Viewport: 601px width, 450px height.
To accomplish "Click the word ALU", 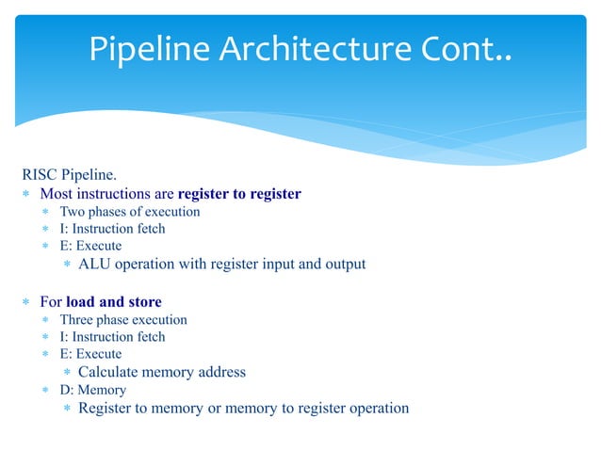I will [94, 264].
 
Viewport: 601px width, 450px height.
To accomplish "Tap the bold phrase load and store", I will [114, 302].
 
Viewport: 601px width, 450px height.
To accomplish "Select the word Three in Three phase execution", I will [78, 319].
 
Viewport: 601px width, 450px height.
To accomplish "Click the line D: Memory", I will [93, 390].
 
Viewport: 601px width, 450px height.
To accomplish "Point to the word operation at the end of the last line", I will [378, 408].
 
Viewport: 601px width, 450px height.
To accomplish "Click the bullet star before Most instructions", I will [27, 195].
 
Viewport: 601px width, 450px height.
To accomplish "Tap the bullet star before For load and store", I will [27, 303].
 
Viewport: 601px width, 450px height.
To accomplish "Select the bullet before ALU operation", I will [67, 265].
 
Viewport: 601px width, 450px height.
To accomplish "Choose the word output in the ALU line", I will [343, 264].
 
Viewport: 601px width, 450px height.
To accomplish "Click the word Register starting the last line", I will [107, 408].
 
